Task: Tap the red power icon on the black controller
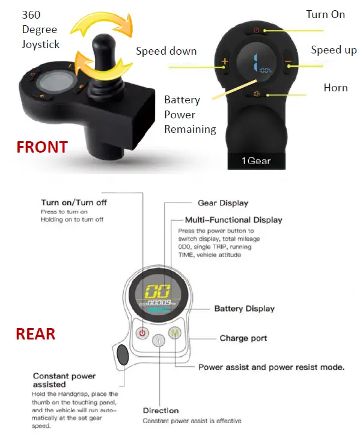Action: click(257, 30)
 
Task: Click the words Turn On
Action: click(325, 14)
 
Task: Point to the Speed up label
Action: click(334, 50)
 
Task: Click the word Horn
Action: click(335, 88)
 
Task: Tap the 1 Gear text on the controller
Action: click(257, 161)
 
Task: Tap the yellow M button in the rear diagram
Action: click(174, 333)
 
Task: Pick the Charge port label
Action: click(243, 338)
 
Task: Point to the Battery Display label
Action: click(244, 309)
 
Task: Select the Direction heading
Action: click(160, 411)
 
